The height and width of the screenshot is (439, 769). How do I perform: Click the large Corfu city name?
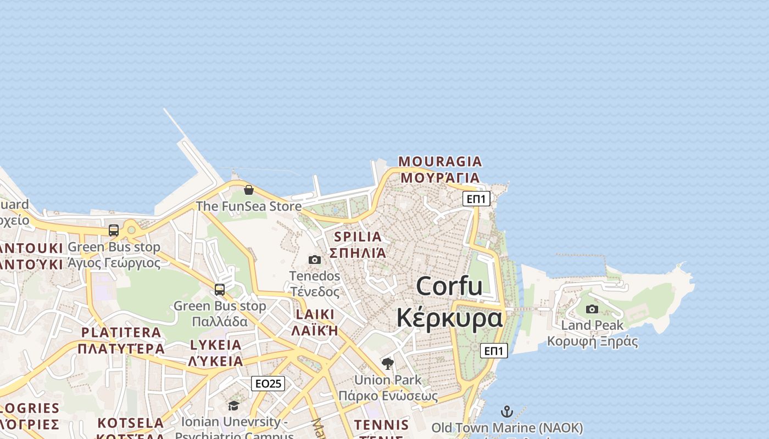tap(449, 286)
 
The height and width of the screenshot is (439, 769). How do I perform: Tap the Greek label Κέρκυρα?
tap(449, 318)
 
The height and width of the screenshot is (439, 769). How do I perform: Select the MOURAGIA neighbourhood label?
tap(440, 162)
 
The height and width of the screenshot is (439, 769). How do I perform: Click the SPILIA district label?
tap(358, 237)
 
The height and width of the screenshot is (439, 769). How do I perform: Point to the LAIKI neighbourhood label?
tap(315, 315)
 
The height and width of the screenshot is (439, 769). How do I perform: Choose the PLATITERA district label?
tap(121, 333)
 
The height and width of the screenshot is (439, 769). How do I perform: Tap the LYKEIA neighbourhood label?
tap(215, 345)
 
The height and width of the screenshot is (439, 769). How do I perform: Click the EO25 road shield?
tap(268, 384)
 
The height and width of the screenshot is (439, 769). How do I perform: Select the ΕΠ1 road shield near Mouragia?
tap(476, 199)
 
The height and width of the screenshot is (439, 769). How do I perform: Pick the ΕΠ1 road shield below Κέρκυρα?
tap(494, 351)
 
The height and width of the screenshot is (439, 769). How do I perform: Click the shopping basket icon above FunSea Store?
tap(249, 190)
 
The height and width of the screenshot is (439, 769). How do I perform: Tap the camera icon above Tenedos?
tap(315, 260)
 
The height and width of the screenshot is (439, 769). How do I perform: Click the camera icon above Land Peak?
tap(592, 309)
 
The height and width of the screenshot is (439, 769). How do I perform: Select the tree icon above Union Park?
tap(388, 363)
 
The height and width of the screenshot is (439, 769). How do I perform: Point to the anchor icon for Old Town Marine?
tap(507, 412)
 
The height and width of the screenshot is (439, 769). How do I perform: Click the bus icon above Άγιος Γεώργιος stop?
tap(114, 230)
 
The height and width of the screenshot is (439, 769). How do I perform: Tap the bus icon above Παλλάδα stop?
tap(220, 289)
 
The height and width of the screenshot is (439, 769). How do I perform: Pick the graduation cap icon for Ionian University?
tap(234, 406)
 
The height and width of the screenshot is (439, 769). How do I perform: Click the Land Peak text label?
tap(592, 325)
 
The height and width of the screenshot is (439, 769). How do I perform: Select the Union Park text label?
tap(388, 380)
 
